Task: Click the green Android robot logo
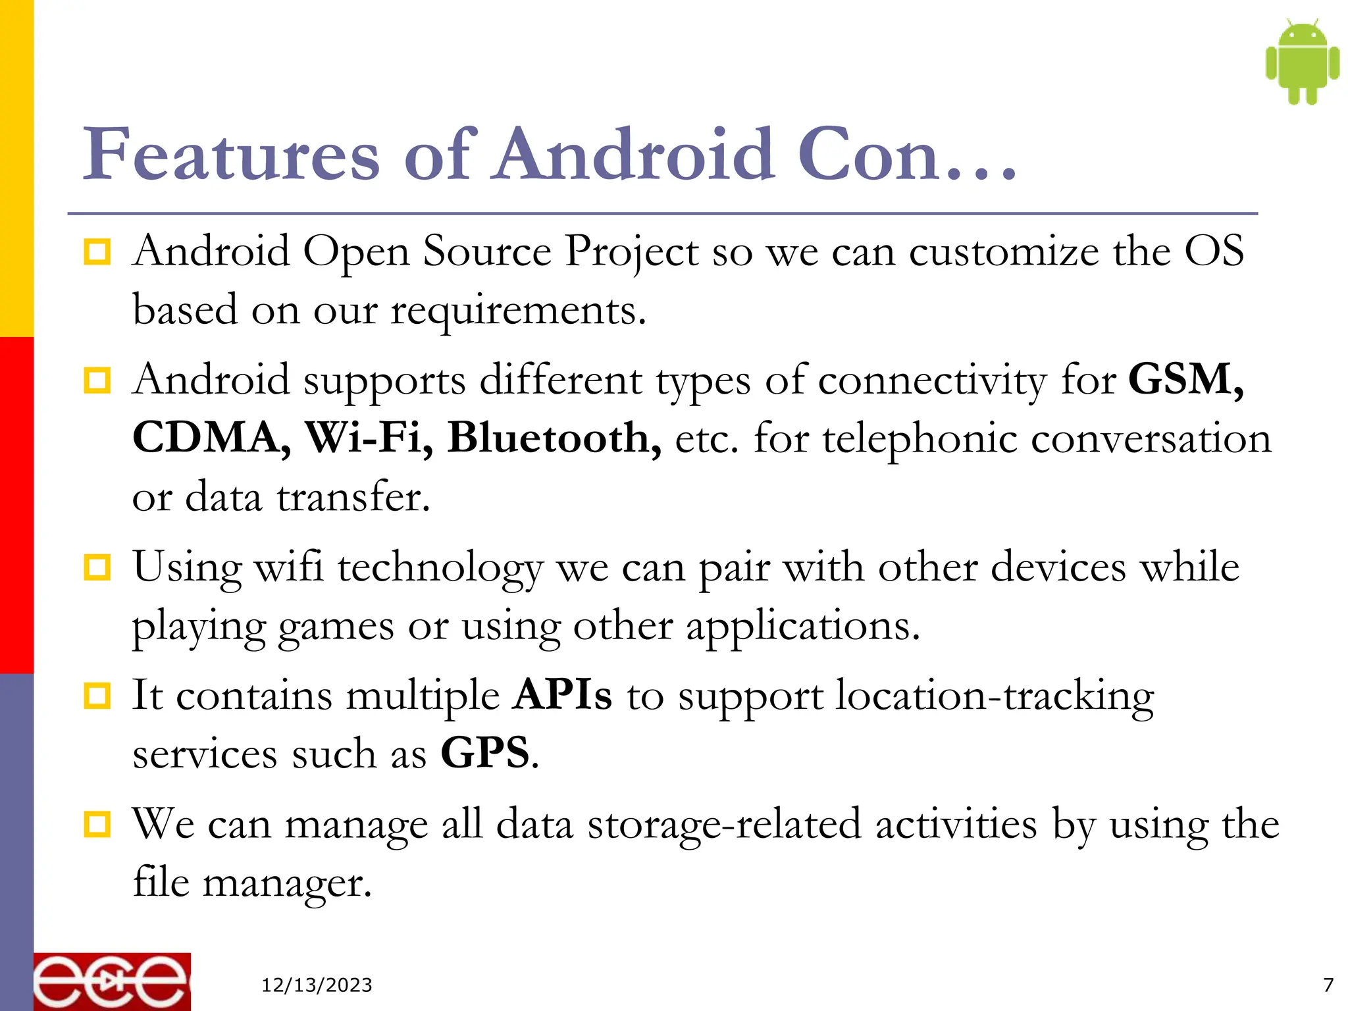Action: pos(1302,62)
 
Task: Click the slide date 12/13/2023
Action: pos(317,985)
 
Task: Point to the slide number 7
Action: pos(1328,985)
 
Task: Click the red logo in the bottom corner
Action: pos(112,981)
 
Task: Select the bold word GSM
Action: pos(1185,380)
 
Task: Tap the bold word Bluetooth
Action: pos(554,438)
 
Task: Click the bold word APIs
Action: pos(563,695)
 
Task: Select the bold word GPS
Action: pos(485,753)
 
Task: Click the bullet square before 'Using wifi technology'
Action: pos(97,567)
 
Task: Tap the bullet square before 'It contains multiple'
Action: pos(97,696)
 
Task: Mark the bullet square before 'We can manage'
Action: pos(97,824)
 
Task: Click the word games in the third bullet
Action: pos(336,627)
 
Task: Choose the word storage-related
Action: pos(724,825)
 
